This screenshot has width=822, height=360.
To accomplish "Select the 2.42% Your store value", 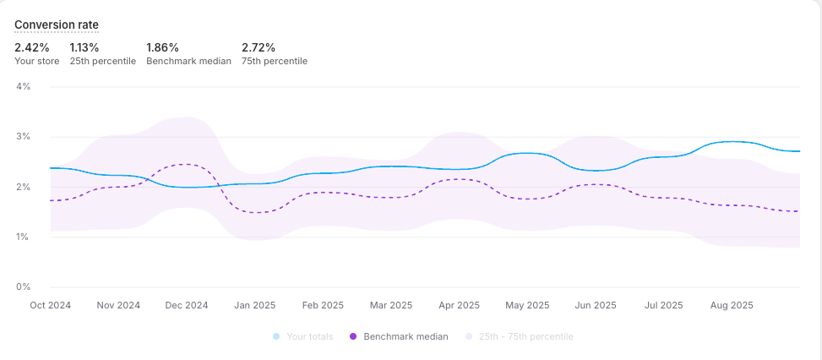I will pyautogui.click(x=31, y=47).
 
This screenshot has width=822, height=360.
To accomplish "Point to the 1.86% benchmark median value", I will pyautogui.click(x=162, y=47).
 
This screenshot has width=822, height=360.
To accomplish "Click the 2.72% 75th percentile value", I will pyautogui.click(x=258, y=47).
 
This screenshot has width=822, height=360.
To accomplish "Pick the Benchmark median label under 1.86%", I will pyautogui.click(x=188, y=61).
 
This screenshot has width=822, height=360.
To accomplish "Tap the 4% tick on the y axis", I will pyautogui.click(x=23, y=86).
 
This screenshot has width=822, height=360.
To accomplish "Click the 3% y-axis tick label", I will pyautogui.click(x=23, y=137).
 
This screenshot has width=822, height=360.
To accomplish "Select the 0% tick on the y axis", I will pyautogui.click(x=23, y=287).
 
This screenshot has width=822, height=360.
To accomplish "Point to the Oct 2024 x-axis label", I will pyautogui.click(x=51, y=305).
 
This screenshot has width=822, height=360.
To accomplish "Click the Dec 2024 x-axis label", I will pyautogui.click(x=186, y=305).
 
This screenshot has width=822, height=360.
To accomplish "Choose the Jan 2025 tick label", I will pyautogui.click(x=253, y=305).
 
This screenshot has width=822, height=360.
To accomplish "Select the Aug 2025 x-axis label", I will pyautogui.click(x=731, y=305).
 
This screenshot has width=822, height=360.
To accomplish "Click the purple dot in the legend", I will pyautogui.click(x=353, y=336).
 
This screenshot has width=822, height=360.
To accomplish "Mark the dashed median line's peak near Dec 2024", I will pyautogui.click(x=188, y=164).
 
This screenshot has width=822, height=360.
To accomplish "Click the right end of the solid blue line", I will pyautogui.click(x=799, y=151).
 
